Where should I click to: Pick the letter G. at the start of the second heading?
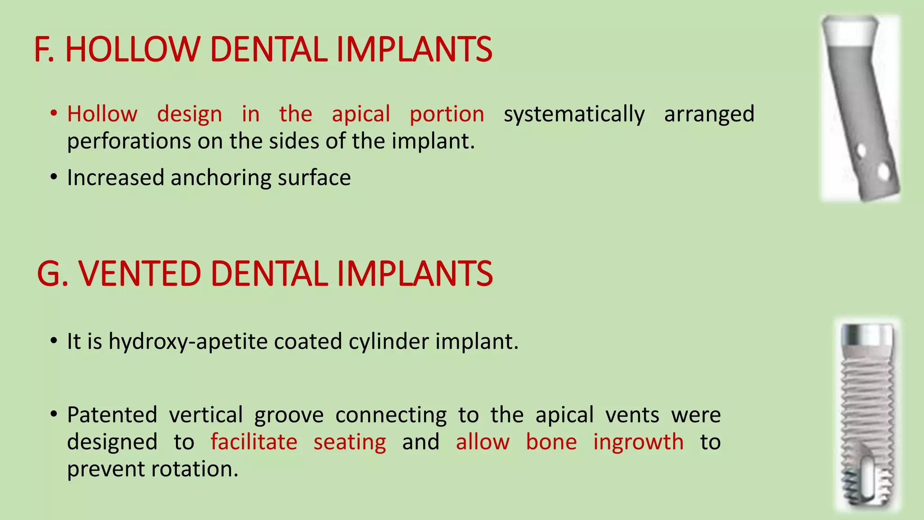pos(52,274)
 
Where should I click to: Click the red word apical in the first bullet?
pos(361,114)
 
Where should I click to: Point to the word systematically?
pos(574,114)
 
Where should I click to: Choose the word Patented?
pos(112,414)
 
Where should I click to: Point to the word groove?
pos(289,414)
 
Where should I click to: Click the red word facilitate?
pos(254,441)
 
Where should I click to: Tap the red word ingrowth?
pos(638,441)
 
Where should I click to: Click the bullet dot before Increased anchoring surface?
pos(54,177)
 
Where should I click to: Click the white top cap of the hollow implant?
pos(850,32)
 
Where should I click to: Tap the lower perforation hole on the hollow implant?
pos(883,172)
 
